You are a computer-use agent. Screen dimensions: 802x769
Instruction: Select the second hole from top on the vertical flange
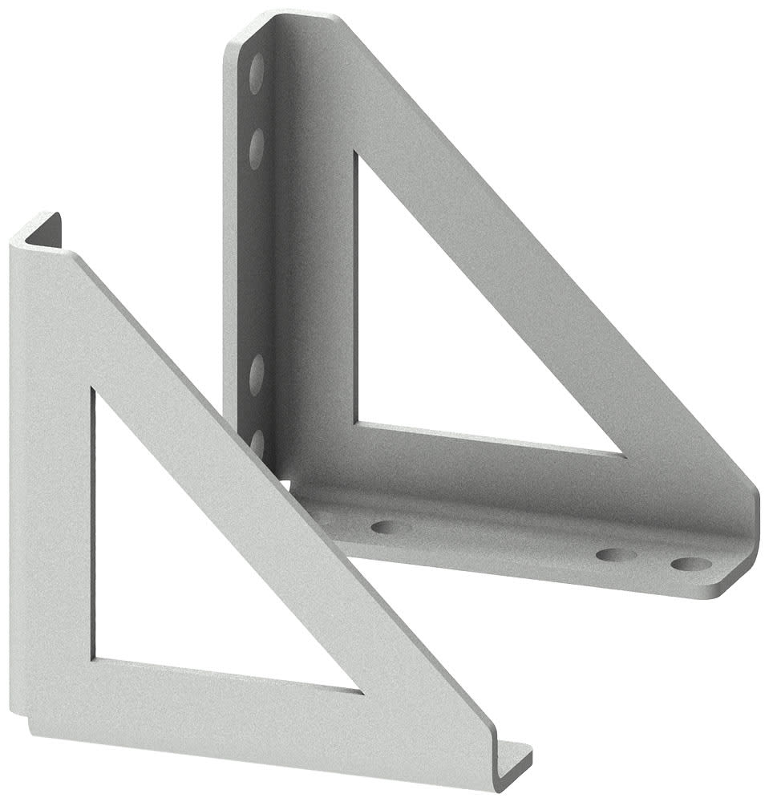[x=257, y=150]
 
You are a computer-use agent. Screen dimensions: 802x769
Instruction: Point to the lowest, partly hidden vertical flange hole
[x=257, y=444]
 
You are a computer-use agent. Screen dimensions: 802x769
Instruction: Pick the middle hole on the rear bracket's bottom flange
[x=616, y=555]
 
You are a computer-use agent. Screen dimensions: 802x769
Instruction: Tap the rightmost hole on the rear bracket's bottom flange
[x=690, y=564]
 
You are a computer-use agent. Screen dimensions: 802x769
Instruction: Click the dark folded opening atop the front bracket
[x=45, y=230]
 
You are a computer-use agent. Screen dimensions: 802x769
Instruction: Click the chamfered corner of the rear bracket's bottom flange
[x=734, y=581]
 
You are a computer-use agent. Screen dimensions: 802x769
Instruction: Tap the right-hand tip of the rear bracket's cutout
[x=621, y=454]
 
